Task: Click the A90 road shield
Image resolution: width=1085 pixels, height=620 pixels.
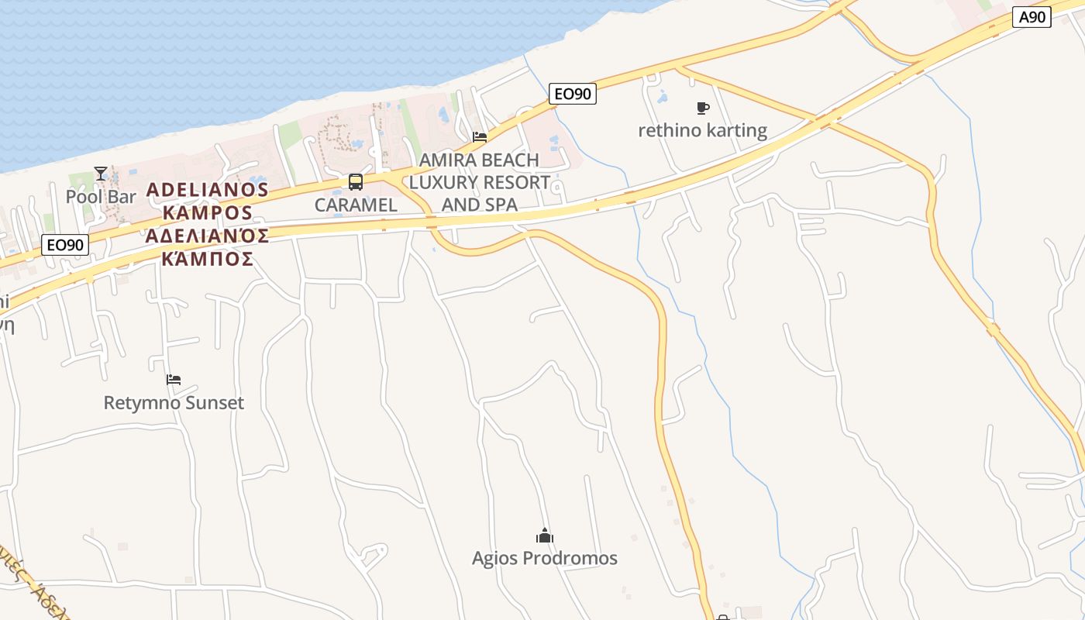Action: tap(1032, 17)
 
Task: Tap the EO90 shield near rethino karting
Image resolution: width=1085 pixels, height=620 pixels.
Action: tap(573, 94)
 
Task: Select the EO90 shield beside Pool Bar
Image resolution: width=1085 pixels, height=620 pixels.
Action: tap(65, 246)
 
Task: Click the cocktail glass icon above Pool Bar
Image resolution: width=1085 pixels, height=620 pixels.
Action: tap(101, 174)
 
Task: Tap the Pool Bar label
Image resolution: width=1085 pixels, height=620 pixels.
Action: tap(101, 196)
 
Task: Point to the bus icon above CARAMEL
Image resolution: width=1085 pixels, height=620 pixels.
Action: tap(356, 182)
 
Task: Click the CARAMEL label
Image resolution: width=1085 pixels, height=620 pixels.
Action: tap(356, 205)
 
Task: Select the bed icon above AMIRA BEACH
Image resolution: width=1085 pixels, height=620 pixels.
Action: tap(480, 138)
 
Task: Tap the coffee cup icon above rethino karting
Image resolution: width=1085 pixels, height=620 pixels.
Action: tap(703, 108)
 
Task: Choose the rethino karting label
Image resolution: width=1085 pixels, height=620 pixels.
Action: tap(702, 130)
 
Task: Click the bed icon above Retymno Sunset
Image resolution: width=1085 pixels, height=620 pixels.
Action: tap(174, 380)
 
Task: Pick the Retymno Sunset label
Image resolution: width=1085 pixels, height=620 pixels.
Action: tap(174, 403)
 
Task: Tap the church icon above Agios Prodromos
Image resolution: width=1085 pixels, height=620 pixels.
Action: tap(545, 536)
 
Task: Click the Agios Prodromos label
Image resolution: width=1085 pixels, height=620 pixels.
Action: tap(545, 558)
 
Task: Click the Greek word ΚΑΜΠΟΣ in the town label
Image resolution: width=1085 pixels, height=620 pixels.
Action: tap(208, 259)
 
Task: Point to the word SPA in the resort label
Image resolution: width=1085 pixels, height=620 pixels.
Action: tap(501, 205)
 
